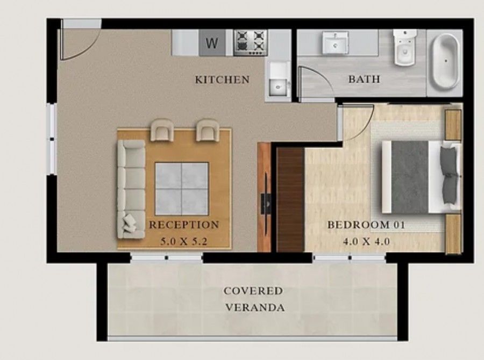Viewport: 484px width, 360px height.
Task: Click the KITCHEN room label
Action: click(222, 80)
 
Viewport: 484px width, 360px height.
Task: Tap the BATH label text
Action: click(364, 80)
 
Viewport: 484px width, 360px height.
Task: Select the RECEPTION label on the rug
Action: click(184, 225)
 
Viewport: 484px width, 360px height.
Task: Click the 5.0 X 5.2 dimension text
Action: click(184, 242)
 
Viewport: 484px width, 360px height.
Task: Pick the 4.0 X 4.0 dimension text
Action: click(366, 242)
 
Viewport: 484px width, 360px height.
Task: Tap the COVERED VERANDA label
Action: click(254, 299)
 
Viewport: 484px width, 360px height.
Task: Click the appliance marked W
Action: click(212, 43)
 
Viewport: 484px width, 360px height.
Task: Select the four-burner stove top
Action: click(251, 42)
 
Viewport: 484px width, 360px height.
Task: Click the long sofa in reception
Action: click(131, 188)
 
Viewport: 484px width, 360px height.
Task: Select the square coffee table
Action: click(182, 188)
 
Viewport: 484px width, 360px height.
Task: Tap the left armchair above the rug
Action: click(162, 130)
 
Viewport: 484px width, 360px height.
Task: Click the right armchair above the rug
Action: click(208, 130)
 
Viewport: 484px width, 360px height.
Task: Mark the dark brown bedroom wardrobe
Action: click(290, 200)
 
